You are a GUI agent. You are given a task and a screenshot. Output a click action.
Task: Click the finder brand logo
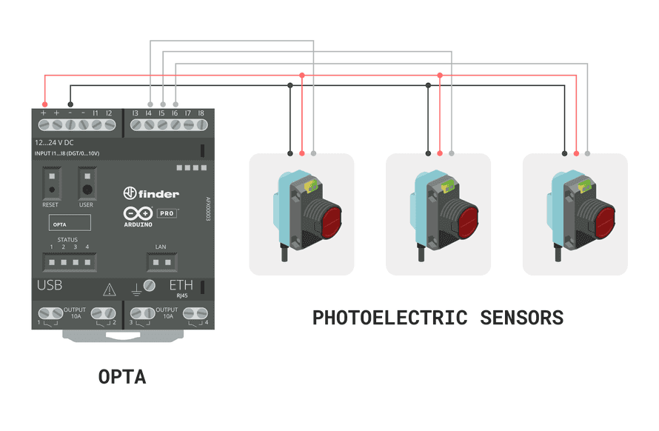click(151, 193)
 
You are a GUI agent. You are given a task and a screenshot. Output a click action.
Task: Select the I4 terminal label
click(149, 113)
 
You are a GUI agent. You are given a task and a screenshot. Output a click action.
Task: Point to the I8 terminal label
click(201, 113)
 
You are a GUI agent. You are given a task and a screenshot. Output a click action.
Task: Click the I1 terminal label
click(96, 113)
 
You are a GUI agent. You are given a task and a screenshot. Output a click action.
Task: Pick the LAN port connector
click(161, 261)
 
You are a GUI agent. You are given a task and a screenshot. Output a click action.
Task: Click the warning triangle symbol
click(110, 290)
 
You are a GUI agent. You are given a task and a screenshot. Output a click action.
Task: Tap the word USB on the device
click(50, 286)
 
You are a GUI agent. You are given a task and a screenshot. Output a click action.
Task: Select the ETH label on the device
click(181, 286)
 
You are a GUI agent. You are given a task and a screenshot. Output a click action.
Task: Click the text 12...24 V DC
click(54, 142)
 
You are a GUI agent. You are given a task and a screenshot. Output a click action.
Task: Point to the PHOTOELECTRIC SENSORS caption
click(438, 318)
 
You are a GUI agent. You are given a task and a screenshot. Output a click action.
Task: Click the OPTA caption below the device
click(122, 377)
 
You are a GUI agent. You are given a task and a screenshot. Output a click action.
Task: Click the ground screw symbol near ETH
click(149, 286)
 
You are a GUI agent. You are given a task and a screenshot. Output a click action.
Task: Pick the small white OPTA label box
click(68, 222)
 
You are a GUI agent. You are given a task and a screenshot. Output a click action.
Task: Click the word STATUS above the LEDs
click(68, 240)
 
